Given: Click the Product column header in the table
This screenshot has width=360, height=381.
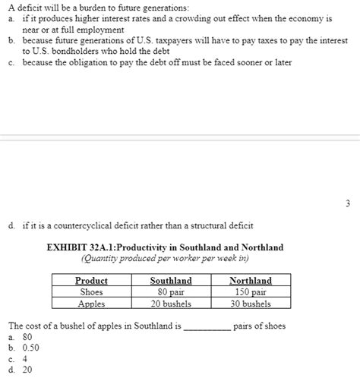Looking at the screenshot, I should click(x=92, y=280).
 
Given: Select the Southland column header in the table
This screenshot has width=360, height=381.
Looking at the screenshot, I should click(x=171, y=280).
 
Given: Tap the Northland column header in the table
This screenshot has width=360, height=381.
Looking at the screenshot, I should click(x=251, y=280).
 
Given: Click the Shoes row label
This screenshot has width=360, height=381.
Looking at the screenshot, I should click(x=92, y=291).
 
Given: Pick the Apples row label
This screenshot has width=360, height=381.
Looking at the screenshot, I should click(x=92, y=304).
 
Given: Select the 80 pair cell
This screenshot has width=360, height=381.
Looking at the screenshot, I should click(x=171, y=291).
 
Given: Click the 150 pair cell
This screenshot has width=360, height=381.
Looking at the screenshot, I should click(x=251, y=291).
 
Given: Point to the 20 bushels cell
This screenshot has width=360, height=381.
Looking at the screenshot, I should click(x=171, y=304).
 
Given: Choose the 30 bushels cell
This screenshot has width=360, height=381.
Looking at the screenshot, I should click(x=251, y=304).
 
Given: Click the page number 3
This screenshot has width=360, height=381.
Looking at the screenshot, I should click(x=347, y=203).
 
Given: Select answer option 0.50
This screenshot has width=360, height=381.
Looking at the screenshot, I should click(x=31, y=347).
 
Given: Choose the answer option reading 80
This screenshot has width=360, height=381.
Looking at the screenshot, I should click(x=27, y=335).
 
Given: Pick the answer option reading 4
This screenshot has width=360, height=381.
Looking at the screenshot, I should click(x=25, y=358).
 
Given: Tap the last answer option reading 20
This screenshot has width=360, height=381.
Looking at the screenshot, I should click(x=27, y=370).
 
